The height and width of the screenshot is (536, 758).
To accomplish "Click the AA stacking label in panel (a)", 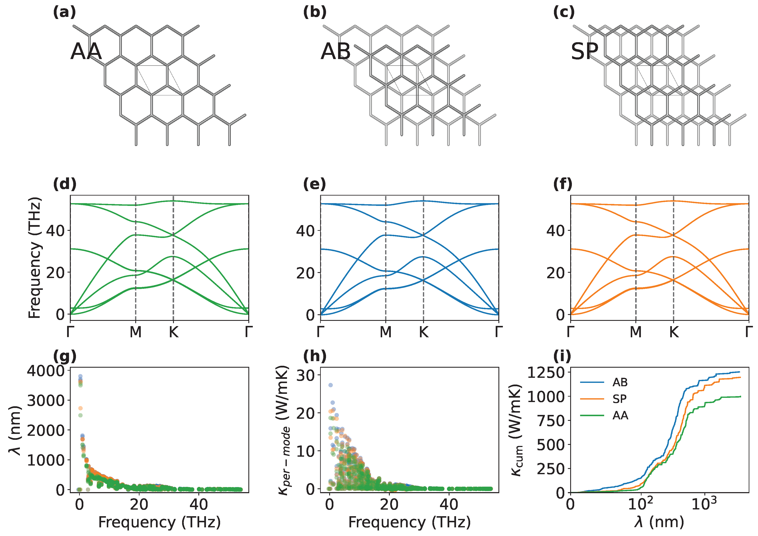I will pos(86,51).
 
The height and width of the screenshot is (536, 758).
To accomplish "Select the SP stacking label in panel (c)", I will pos(585,51).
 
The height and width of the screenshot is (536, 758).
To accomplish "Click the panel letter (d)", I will pos(65,184).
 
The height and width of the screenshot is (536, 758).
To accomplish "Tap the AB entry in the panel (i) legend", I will pos(620,382).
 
